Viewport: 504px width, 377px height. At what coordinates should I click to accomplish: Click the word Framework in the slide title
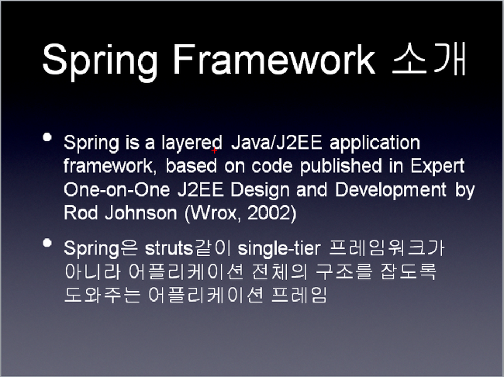coord(274,60)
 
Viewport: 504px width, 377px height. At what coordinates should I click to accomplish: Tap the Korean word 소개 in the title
coord(429,59)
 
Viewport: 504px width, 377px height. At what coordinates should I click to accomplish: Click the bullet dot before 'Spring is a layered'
coord(47,137)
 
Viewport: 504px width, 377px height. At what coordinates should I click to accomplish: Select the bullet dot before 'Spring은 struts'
coord(47,243)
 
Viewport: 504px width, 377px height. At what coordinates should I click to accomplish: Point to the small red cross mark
coord(214,150)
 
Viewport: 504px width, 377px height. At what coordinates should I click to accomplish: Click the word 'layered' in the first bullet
coord(192,143)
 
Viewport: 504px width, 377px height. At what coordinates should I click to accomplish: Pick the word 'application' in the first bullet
coord(375,143)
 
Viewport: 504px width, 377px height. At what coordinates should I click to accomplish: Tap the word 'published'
coord(340,166)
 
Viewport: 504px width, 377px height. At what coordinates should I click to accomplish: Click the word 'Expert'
coord(437,166)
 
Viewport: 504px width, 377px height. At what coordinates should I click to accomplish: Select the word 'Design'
coord(260,190)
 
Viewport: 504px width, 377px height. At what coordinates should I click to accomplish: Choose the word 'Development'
coord(391,190)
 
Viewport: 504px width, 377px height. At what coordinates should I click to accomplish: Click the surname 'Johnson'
coord(141,213)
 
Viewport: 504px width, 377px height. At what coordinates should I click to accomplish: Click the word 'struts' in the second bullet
coord(169,248)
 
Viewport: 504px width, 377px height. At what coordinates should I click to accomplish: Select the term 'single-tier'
coord(279,249)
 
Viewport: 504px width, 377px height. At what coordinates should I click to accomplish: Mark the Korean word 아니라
coord(92,272)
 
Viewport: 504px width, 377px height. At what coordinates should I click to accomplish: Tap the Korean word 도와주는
coord(102,295)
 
